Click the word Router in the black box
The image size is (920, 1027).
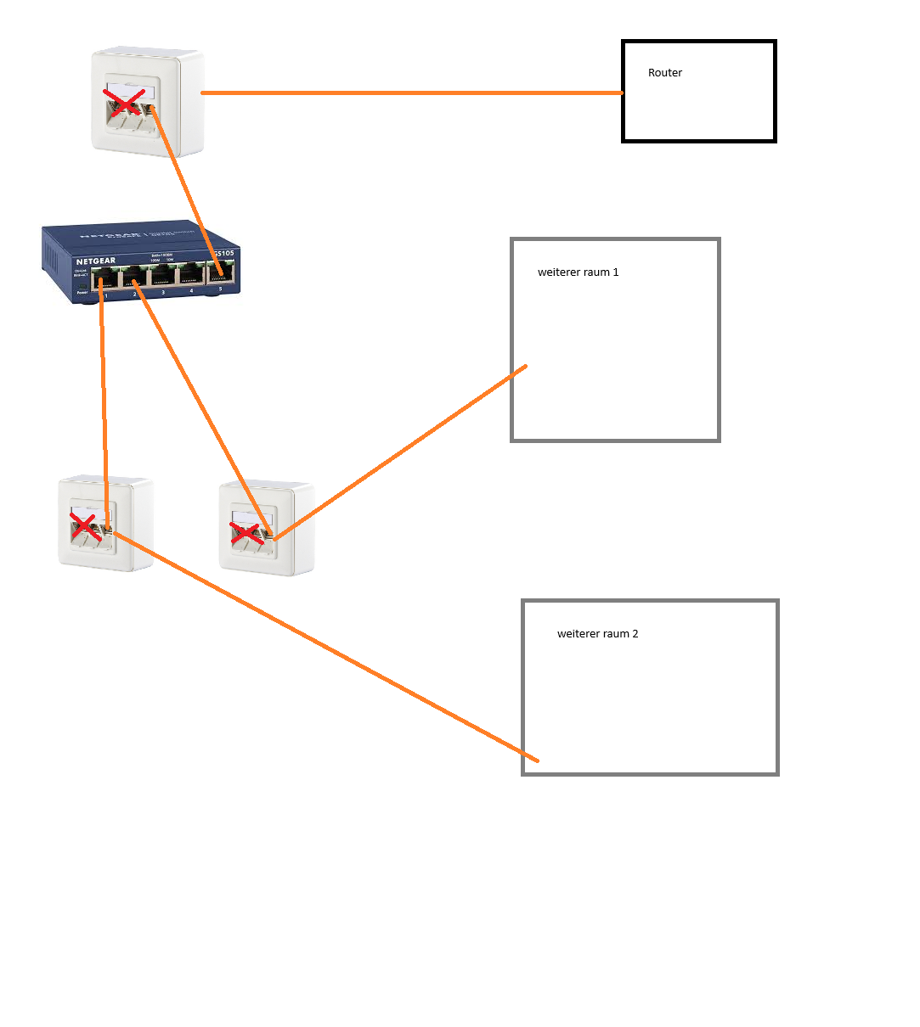[664, 73]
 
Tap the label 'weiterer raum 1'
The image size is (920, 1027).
[578, 272]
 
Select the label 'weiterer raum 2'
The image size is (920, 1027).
[597, 634]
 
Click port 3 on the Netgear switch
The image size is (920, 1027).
[163, 276]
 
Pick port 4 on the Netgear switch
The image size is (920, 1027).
[192, 275]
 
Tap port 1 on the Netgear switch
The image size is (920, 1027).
[106, 278]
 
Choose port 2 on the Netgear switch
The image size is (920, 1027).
[134, 277]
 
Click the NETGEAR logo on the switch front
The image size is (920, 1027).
[95, 261]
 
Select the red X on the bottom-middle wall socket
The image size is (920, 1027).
[246, 533]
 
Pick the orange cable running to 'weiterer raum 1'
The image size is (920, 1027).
[399, 452]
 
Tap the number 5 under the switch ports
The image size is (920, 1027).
[220, 289]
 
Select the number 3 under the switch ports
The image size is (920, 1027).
[163, 292]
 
